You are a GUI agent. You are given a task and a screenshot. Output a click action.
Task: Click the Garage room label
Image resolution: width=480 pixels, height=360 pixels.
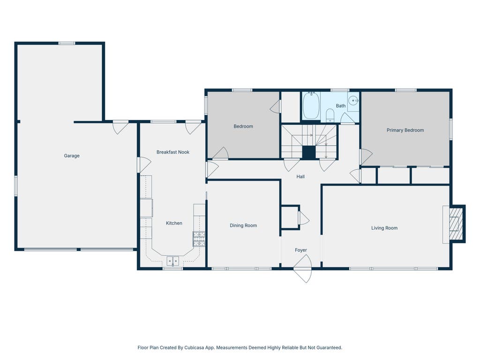coord(72,156)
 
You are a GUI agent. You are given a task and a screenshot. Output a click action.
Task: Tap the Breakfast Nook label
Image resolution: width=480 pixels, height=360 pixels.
coord(173,152)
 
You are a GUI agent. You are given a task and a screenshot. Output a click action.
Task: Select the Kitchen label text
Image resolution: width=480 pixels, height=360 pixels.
coord(174,223)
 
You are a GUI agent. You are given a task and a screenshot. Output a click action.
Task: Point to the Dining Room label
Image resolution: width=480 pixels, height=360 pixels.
coord(243,225)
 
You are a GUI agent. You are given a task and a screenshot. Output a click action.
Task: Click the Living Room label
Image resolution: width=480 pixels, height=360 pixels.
coord(384,228)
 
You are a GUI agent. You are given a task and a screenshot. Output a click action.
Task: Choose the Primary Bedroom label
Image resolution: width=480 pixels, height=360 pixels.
coord(405,130)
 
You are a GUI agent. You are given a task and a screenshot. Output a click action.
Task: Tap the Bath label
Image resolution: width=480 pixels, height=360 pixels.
coord(341,106)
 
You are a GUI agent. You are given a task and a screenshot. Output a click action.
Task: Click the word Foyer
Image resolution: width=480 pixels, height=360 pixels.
coord(300,250)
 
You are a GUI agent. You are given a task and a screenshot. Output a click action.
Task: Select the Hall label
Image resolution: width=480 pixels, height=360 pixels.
coord(300,177)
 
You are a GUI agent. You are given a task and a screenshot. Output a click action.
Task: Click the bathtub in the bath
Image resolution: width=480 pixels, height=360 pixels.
coord(311,105)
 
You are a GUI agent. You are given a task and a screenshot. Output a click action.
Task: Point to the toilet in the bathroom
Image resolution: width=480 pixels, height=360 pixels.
coord(330,115)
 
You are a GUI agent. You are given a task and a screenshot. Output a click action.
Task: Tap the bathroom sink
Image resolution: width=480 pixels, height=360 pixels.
coord(353,100)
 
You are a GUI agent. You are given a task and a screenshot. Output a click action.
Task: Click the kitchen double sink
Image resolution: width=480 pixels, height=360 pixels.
coord(172,261)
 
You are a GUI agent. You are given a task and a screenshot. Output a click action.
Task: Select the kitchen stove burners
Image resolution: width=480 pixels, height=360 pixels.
coord(199,239)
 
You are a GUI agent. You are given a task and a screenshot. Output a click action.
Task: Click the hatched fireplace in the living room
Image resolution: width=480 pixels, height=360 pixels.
coord(456,224)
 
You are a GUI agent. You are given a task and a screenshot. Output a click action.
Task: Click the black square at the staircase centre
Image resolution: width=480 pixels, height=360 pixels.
coord(309,152)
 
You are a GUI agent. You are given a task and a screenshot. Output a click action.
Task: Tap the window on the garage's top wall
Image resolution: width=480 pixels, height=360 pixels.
coord(67,44)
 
